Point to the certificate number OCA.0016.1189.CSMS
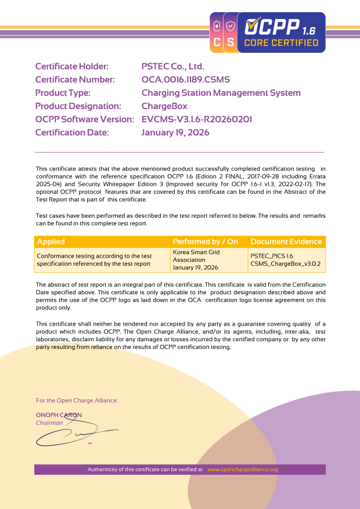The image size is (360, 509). (189, 80)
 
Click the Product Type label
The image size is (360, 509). (63, 93)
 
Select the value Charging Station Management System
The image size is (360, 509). (221, 93)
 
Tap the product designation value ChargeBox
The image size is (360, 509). (165, 106)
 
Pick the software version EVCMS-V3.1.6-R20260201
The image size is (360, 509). (197, 120)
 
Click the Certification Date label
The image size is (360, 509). (72, 133)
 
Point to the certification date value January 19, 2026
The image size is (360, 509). (175, 133)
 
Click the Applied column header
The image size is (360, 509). (51, 241)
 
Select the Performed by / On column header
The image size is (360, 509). (206, 241)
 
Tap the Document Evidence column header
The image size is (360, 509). (286, 241)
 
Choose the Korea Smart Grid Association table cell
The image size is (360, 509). (196, 260)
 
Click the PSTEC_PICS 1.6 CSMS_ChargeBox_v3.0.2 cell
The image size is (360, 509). (285, 259)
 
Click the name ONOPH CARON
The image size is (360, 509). (59, 415)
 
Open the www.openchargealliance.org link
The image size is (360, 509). (243, 470)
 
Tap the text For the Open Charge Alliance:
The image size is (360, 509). (77, 400)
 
